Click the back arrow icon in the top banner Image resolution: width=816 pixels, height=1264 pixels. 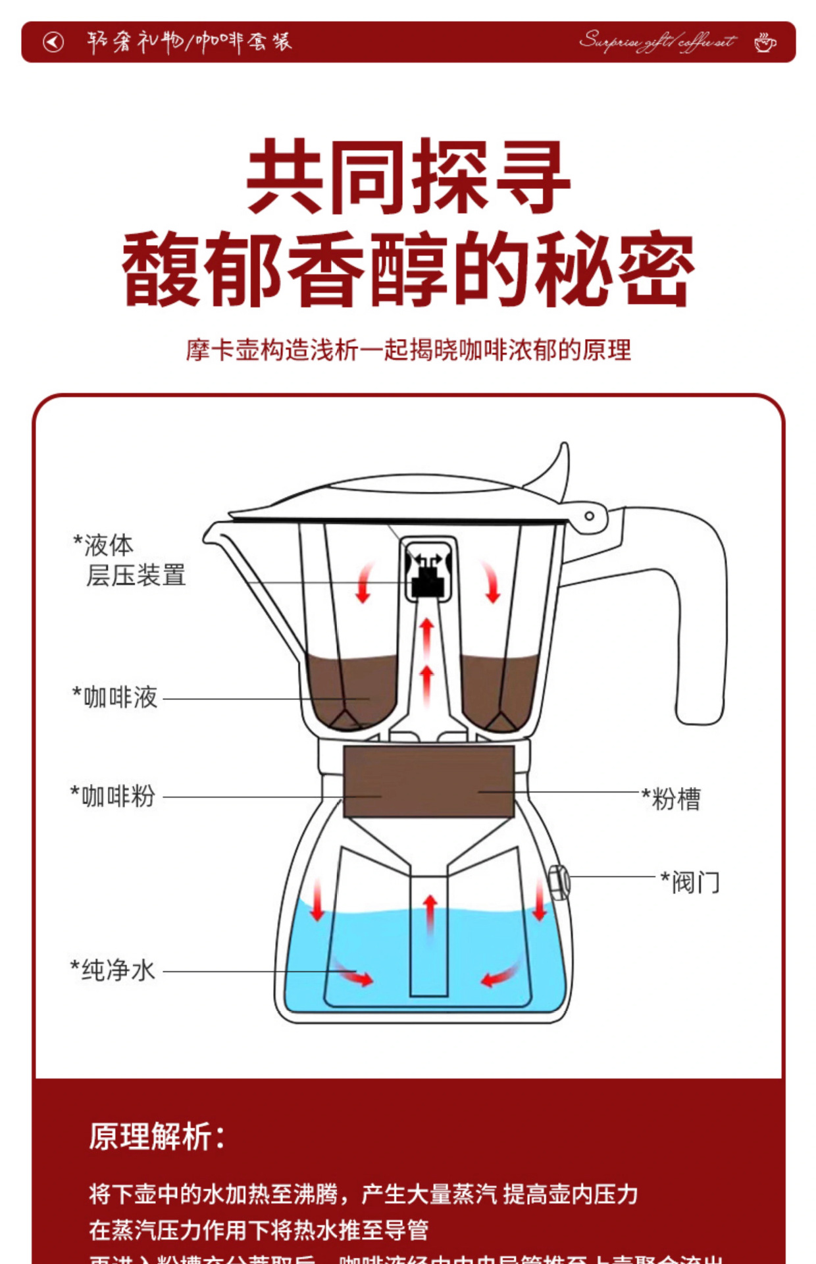pyautogui.click(x=53, y=42)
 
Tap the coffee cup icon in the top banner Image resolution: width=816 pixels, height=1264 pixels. pyautogui.click(x=765, y=43)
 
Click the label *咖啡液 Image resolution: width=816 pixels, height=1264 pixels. pyautogui.click(x=115, y=697)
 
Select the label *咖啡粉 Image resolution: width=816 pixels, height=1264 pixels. pyautogui.click(x=113, y=796)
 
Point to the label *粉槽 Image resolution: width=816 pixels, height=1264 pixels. pyautogui.click(x=672, y=799)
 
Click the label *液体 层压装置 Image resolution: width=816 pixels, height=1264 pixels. pyautogui.click(x=129, y=560)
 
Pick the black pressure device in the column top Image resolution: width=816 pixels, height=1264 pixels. pyautogui.click(x=427, y=582)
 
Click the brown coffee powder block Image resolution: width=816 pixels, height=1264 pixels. pyautogui.click(x=428, y=781)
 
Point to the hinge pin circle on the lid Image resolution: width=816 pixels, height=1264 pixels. pyautogui.click(x=589, y=516)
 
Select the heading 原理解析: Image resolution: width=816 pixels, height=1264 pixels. pyautogui.click(x=157, y=1137)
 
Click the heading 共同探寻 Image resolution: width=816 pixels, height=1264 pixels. pyautogui.click(x=408, y=176)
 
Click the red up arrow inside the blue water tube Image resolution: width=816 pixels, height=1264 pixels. pyautogui.click(x=430, y=912)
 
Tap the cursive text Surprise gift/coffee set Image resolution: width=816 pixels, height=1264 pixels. pyautogui.click(x=657, y=41)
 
